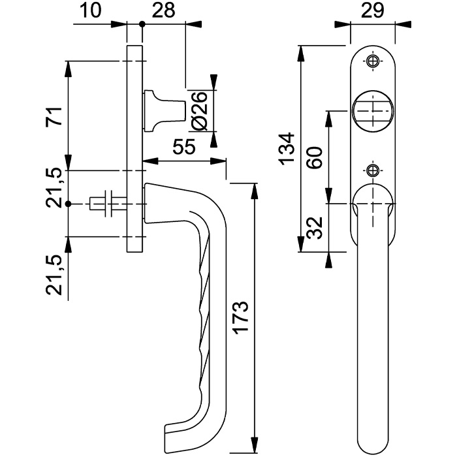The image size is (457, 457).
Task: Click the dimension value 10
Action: click(90, 10)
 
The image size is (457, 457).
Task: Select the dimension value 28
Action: click(164, 10)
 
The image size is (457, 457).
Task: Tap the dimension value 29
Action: click(373, 10)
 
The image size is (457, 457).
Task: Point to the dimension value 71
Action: click(54, 116)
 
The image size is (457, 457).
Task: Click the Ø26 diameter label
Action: click(200, 111)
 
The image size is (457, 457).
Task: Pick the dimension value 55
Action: click(183, 147)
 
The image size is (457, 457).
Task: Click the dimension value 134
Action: click(287, 149)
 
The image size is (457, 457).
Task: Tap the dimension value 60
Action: click(315, 157)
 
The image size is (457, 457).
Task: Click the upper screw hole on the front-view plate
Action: click(373, 61)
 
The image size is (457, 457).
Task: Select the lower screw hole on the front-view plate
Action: click(373, 170)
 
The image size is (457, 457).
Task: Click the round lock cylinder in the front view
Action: click(373, 111)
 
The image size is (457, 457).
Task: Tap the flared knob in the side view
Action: click(164, 111)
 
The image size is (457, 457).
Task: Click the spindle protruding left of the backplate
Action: click(108, 204)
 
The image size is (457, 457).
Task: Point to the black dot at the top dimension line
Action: click(142, 24)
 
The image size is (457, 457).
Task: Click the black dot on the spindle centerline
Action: click(68, 204)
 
